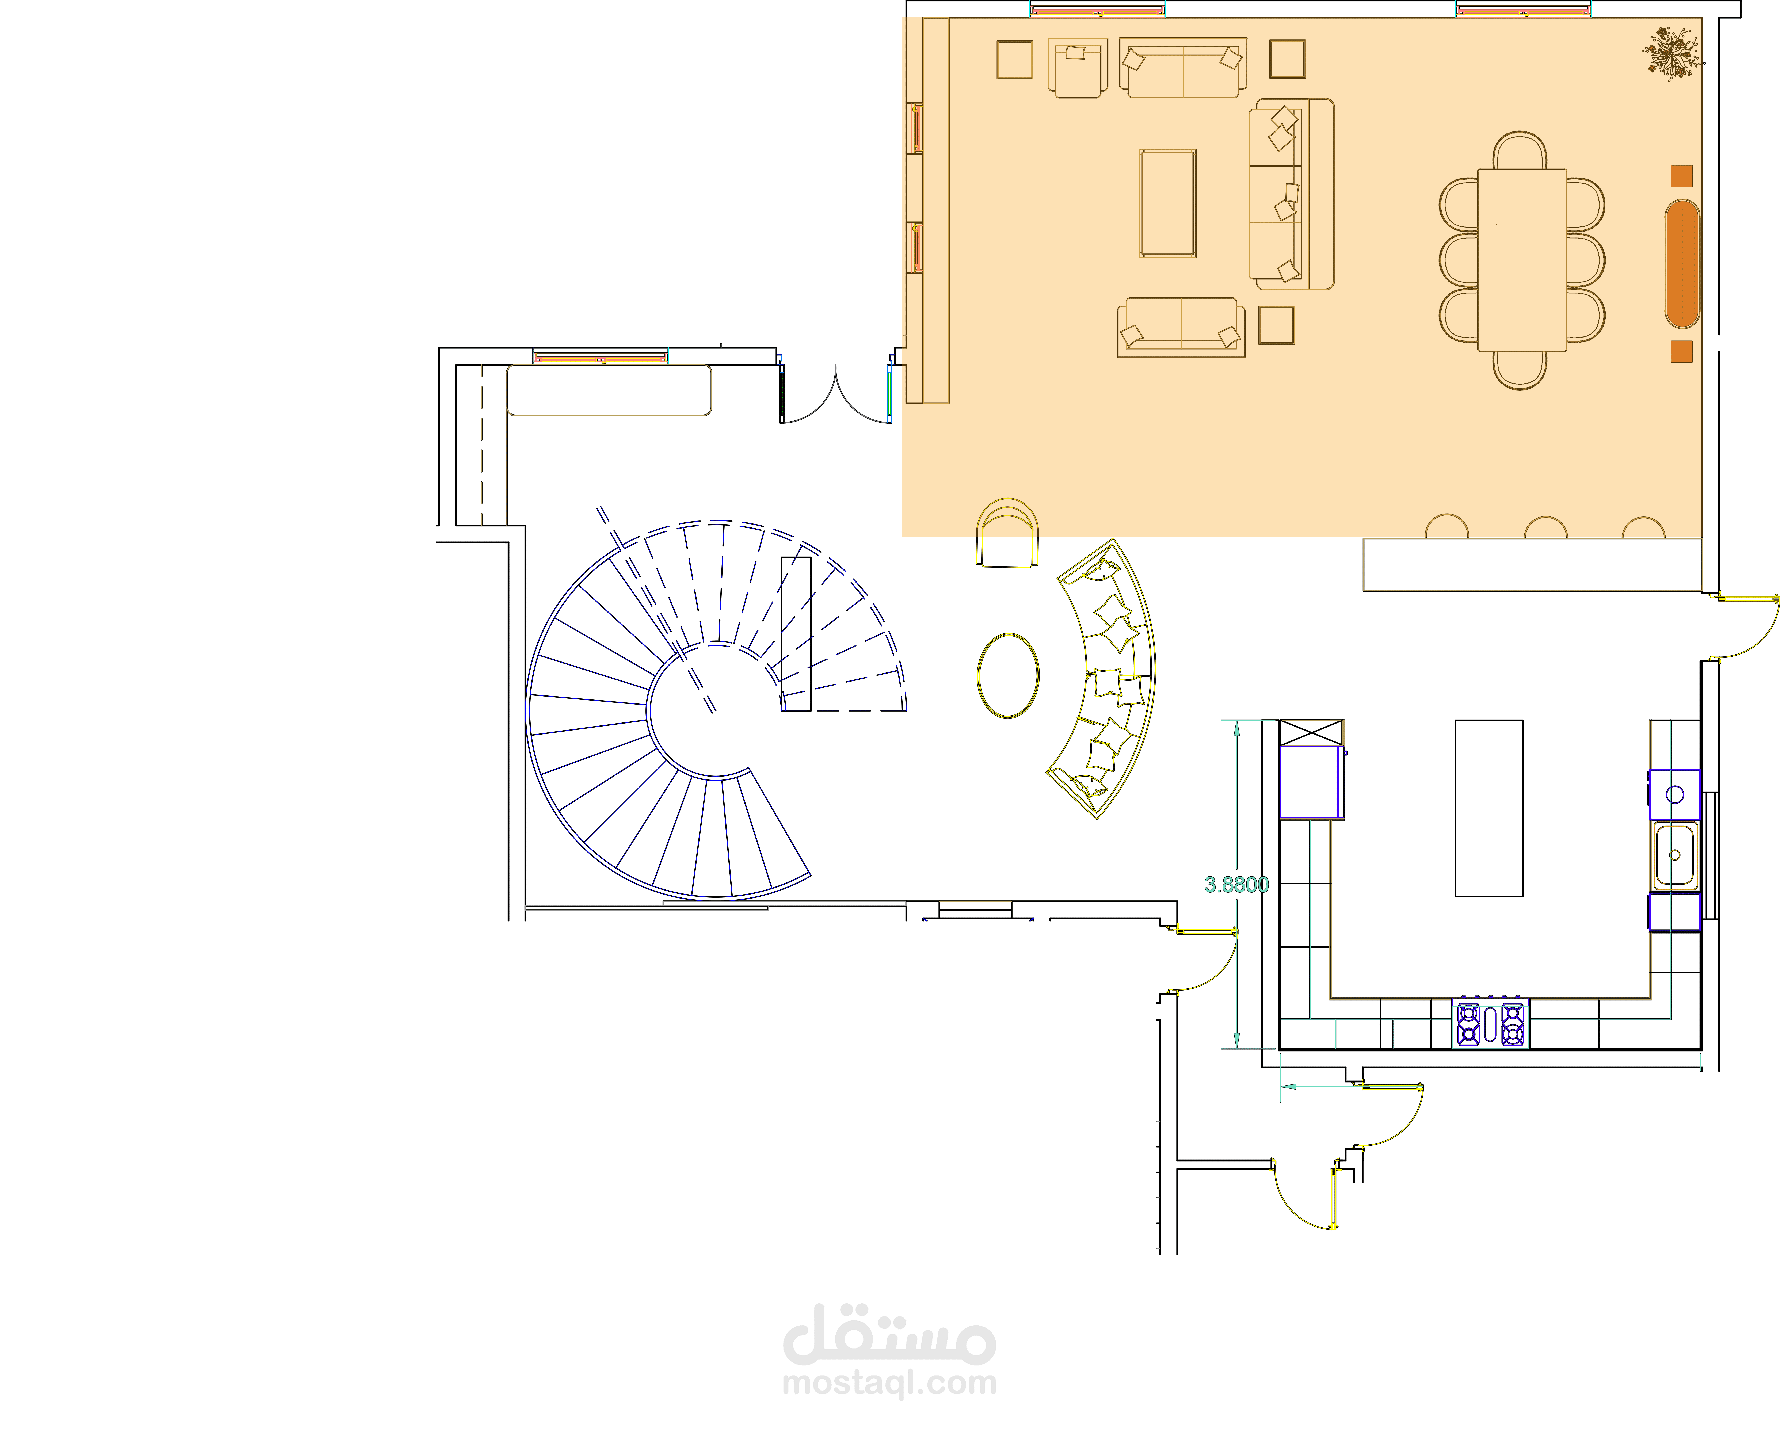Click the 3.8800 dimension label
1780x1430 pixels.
pos(1236,884)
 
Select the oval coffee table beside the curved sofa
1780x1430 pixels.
pos(1008,675)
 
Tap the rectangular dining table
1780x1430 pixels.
pos(1522,260)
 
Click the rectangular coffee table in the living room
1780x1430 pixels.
pos(1167,203)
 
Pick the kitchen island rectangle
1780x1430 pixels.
pos(1489,808)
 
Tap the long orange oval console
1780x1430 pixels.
pos(1682,263)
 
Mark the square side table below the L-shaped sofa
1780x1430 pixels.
pos(1276,325)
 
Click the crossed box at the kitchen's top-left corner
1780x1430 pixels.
pos(1312,732)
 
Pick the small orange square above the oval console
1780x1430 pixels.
pos(1682,176)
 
